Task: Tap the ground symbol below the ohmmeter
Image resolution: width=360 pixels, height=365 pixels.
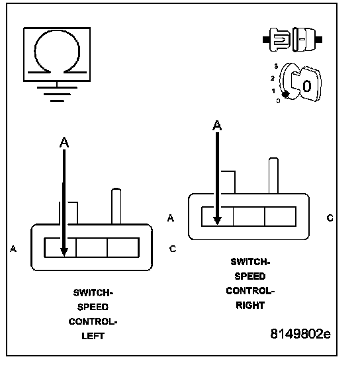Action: point(57,94)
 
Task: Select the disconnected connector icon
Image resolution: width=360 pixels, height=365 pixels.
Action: point(292,40)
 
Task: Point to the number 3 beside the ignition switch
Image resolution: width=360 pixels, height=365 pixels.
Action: point(276,66)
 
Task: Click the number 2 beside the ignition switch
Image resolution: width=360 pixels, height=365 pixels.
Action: point(273,78)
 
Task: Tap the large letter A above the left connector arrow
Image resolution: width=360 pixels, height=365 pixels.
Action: point(64,142)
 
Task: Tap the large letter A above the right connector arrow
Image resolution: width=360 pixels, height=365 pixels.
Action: point(217,126)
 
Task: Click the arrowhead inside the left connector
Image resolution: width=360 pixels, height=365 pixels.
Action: point(64,252)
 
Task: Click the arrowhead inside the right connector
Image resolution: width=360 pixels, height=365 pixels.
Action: point(217,220)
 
